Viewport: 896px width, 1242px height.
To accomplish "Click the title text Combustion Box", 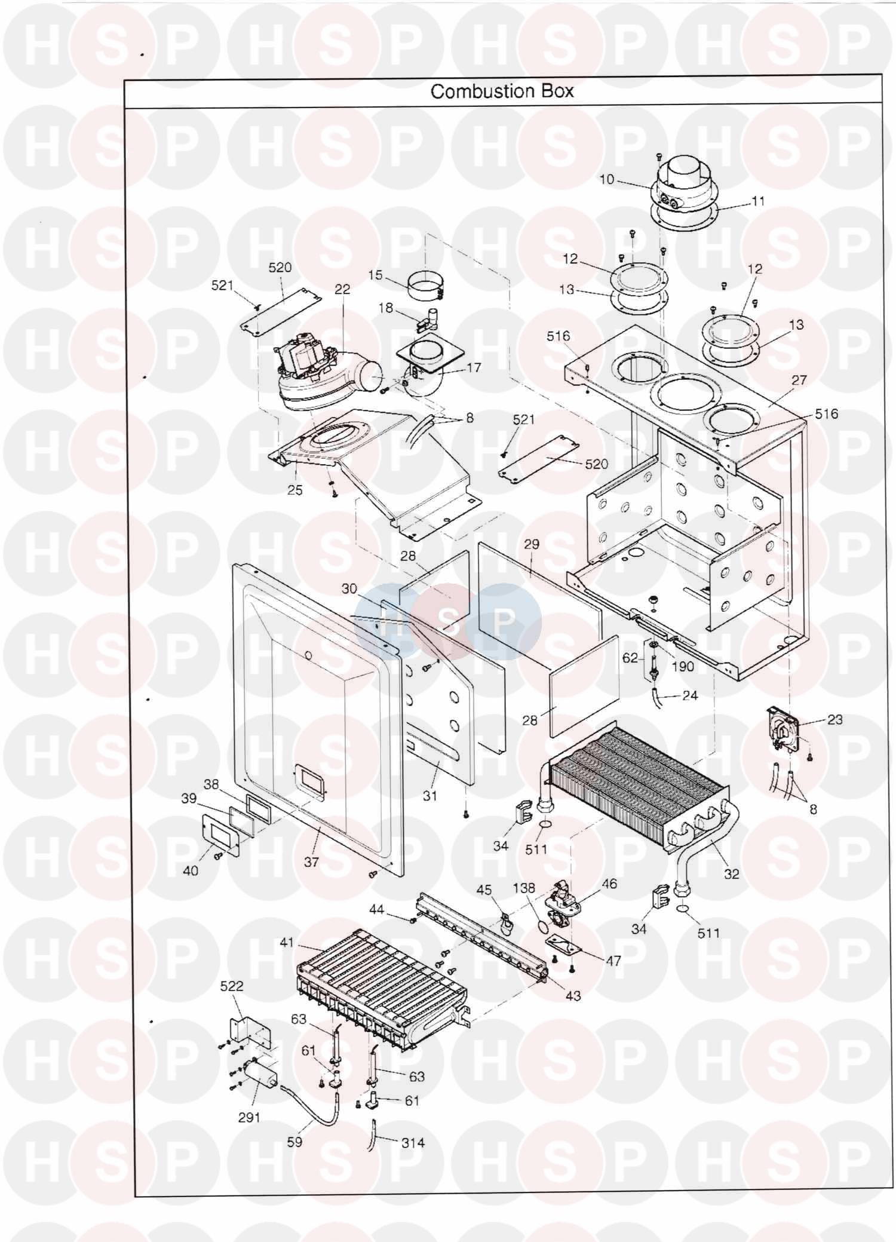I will pos(502,91).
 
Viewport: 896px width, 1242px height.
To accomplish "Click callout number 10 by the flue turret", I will pos(606,179).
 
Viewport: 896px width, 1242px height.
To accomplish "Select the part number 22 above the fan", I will pos(342,289).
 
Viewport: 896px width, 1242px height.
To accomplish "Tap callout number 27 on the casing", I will pos(799,380).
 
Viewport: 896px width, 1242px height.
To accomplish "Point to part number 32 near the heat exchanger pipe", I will pos(731,874).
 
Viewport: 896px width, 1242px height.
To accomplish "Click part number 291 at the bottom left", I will pos(249,1117).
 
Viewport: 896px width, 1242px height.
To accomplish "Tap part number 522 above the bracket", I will pos(232,986).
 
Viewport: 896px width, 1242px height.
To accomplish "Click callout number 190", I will pos(682,666).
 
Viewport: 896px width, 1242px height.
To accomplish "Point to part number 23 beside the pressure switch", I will pos(834,719).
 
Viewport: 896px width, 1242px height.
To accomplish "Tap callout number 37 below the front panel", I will pos(311,862).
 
